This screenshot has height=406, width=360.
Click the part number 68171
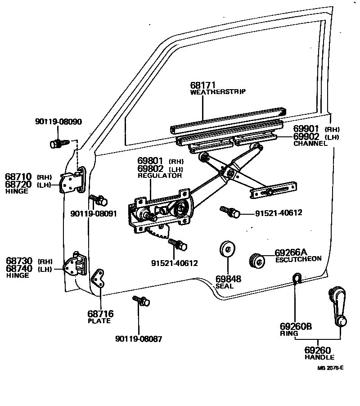click(x=203, y=85)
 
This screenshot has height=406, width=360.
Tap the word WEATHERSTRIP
click(x=218, y=92)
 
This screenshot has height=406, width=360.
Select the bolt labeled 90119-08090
click(x=56, y=144)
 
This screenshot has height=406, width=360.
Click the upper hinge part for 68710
click(x=72, y=182)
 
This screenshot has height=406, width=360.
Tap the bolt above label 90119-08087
click(x=140, y=301)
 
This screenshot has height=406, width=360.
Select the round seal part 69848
click(x=227, y=249)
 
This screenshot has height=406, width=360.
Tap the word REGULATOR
click(x=160, y=176)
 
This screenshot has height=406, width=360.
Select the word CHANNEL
click(x=310, y=144)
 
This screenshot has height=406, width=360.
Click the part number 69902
click(x=306, y=137)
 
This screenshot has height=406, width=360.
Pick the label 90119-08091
click(x=93, y=214)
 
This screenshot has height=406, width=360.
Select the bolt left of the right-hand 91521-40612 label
click(x=229, y=212)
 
